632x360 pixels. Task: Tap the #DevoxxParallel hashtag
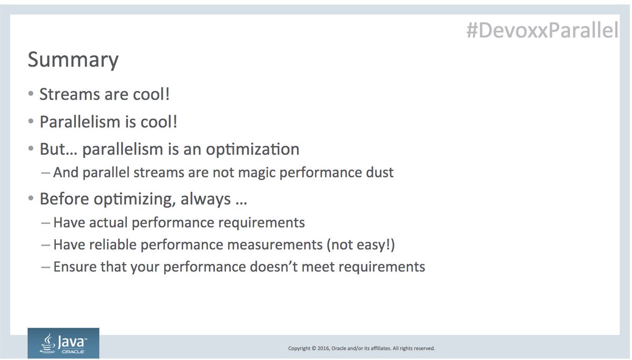coord(542,31)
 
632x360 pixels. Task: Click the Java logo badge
coord(63,343)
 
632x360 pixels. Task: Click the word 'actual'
coord(107,223)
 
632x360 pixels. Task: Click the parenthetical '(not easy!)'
coord(363,245)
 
